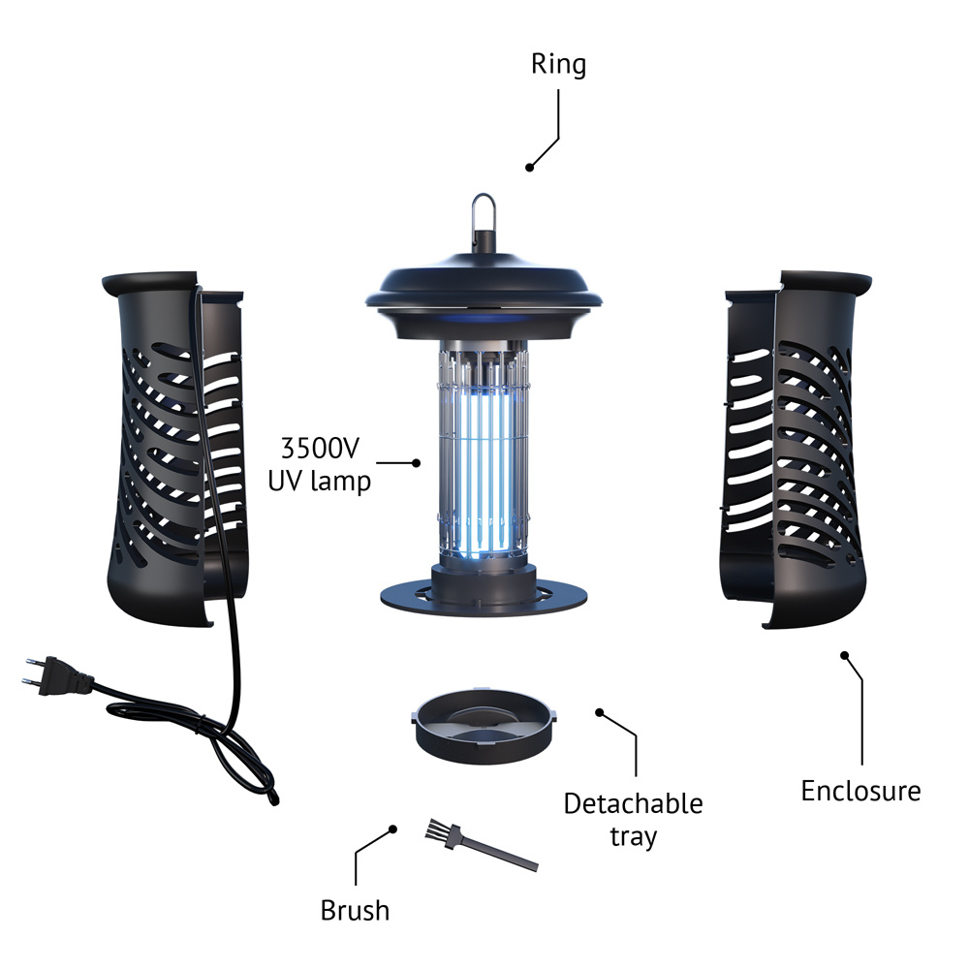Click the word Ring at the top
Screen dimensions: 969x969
559,65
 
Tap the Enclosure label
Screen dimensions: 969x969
860,791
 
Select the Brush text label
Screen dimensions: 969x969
355,910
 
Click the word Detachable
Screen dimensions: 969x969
634,804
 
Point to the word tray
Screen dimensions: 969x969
634,837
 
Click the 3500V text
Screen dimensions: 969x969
320,449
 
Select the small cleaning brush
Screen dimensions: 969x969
482,845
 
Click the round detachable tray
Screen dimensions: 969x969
484,725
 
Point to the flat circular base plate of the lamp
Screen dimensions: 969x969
484,598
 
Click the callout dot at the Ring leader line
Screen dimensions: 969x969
530,168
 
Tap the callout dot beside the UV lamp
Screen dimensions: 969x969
417,463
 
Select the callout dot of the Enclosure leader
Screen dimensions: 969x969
844,655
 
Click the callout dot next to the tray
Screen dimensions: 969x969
599,712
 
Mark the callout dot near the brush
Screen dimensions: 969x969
393,829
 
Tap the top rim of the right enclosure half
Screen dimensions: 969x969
827,279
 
